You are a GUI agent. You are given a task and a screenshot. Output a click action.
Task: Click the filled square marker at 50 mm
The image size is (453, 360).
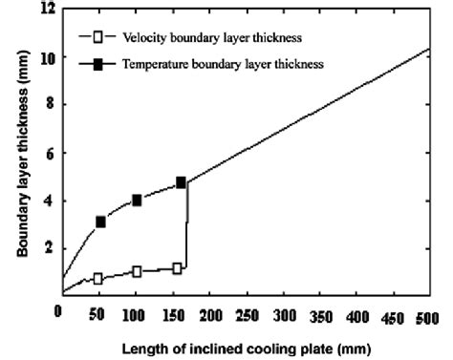100,222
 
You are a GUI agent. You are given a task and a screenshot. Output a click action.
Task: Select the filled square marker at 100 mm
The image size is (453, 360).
137,201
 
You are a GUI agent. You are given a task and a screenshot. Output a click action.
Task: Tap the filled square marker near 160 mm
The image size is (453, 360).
181,182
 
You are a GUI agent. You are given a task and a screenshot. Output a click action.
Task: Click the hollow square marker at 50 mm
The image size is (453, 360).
97,279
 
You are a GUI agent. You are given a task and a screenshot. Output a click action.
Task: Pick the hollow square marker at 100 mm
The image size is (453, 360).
137,271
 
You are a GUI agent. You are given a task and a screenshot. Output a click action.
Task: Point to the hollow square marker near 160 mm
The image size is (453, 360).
177,268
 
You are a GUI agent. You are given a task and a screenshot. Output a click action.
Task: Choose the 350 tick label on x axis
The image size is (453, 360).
318,314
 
